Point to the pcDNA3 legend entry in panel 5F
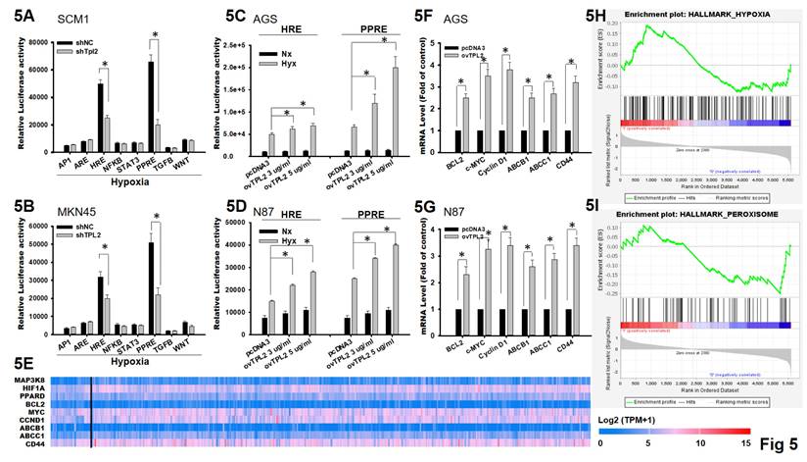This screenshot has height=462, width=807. pos(474,46)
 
